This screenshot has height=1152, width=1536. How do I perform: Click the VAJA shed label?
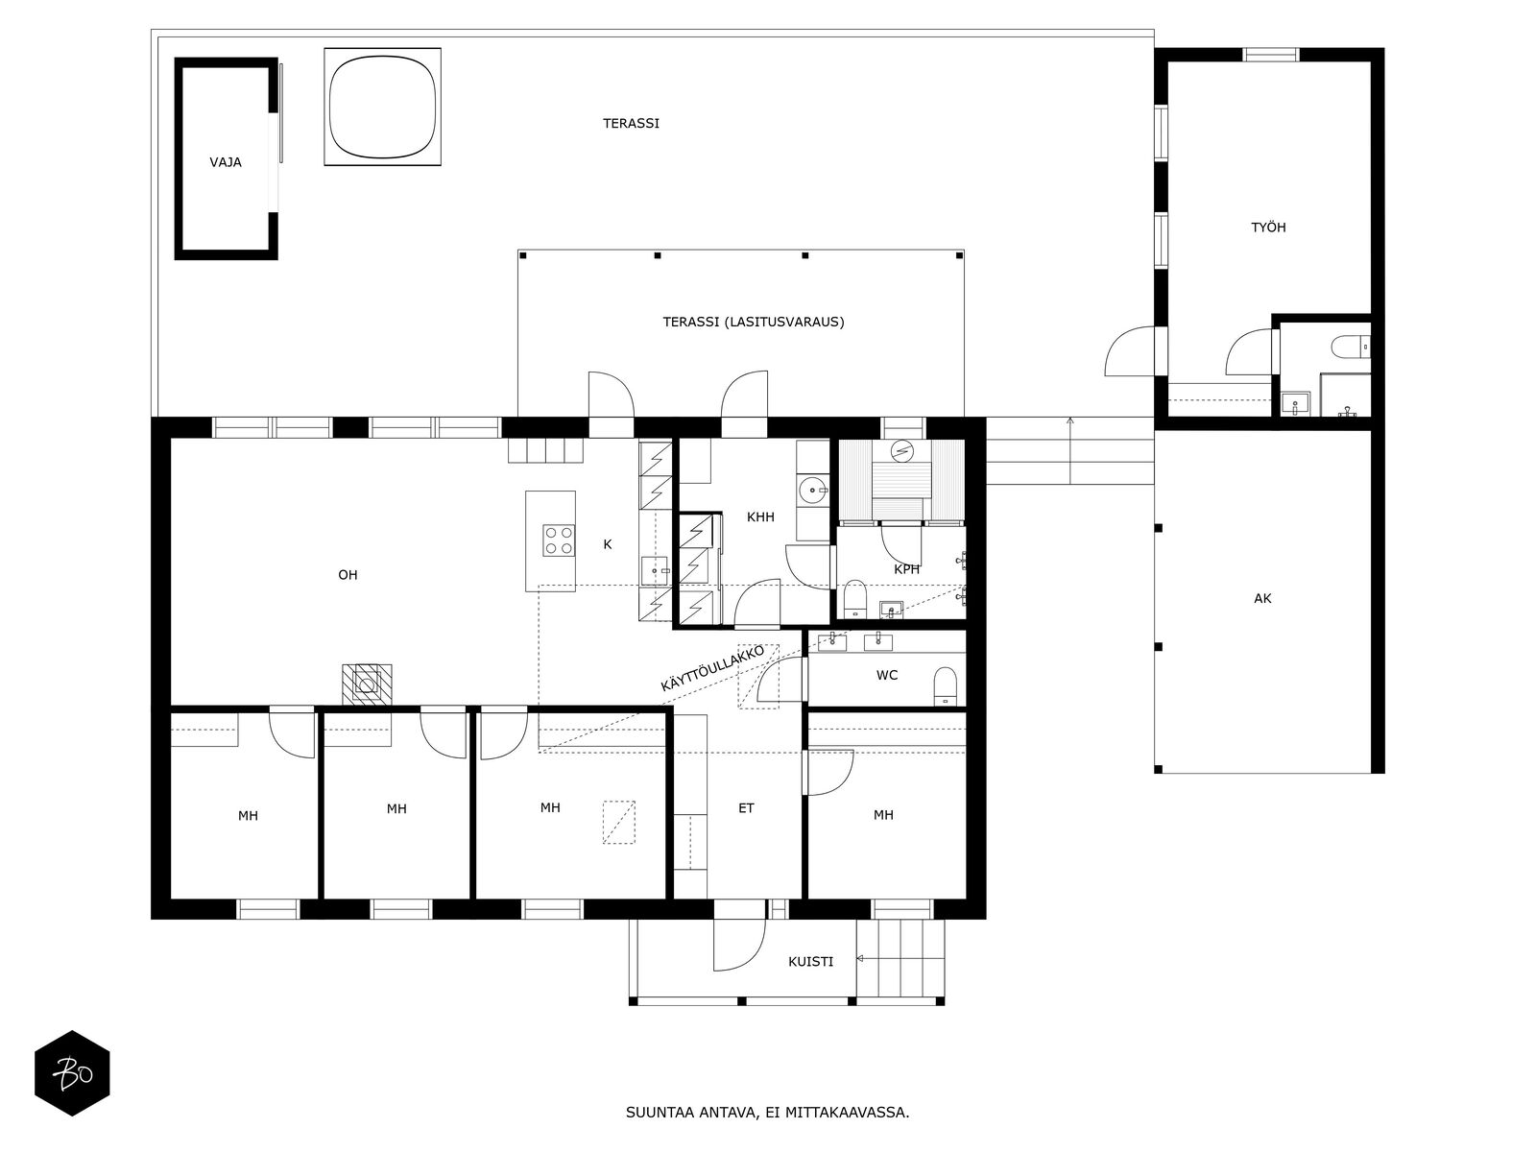[226, 162]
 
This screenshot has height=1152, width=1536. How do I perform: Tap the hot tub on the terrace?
[382, 107]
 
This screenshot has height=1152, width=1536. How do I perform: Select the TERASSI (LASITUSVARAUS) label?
[753, 322]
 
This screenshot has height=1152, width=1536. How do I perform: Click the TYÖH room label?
[1268, 227]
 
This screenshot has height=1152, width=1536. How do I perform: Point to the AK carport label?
[1262, 598]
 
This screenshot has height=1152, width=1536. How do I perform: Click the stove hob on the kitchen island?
[559, 540]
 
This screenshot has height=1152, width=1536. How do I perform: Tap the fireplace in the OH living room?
[367, 684]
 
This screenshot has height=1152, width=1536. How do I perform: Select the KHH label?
[760, 516]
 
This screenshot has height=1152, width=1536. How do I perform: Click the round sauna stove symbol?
[902, 451]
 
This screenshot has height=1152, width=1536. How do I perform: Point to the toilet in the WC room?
[945, 685]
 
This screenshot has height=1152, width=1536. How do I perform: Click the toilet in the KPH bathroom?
[855, 598]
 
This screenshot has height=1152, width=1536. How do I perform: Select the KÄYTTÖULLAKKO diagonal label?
[712, 668]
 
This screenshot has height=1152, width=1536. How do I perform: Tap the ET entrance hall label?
[746, 808]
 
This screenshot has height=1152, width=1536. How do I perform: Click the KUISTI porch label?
[810, 962]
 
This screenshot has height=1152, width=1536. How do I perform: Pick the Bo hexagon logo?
[72, 1073]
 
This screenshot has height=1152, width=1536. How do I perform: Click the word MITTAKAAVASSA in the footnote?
[847, 1112]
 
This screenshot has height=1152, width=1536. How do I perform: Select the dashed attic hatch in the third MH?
[618, 822]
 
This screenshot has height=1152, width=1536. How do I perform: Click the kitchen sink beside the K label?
[655, 570]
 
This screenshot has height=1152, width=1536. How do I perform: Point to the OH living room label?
[348, 575]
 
